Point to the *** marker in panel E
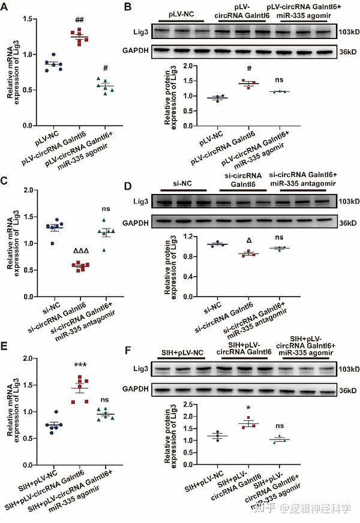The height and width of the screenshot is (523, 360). pos(77,364)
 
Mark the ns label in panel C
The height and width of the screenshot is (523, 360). pos(106,209)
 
